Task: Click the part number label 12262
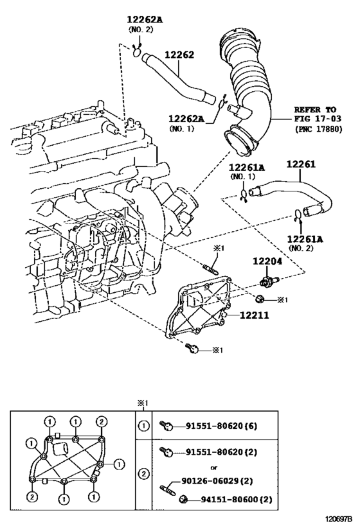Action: tap(179, 55)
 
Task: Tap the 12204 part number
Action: tap(267, 261)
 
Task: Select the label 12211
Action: tap(254, 315)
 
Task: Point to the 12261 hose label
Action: tap(301, 164)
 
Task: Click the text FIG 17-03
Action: tap(318, 118)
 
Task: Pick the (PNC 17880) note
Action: tap(318, 129)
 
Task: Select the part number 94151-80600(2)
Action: tap(237, 500)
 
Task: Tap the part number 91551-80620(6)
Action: tap(222, 426)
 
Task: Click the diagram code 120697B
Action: tap(339, 519)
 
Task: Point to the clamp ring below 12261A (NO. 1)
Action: tap(244, 195)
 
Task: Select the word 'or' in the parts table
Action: tap(213, 468)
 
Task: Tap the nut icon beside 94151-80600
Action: tap(183, 500)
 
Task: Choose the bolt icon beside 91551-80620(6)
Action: tap(166, 426)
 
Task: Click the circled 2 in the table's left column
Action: tap(143, 475)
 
